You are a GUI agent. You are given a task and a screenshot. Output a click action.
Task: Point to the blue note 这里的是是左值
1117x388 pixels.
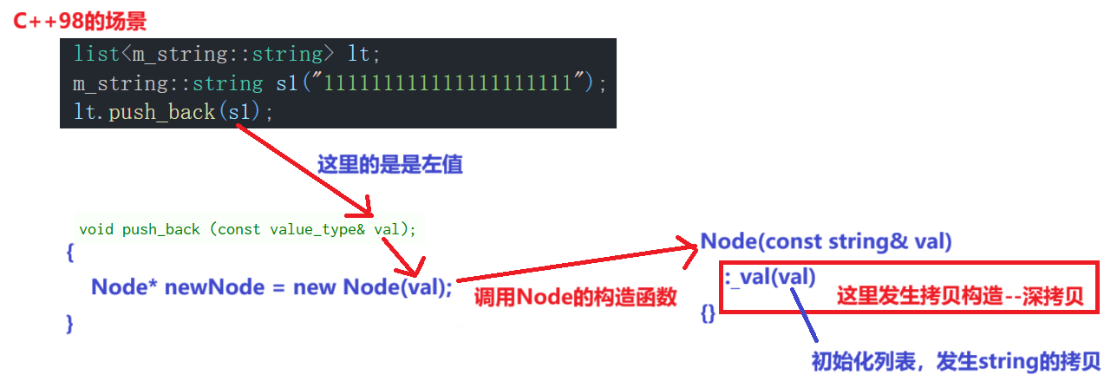(390, 165)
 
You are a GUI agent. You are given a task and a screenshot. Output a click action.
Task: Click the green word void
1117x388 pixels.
(96, 229)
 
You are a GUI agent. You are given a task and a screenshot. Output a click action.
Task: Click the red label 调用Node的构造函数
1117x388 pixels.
(575, 298)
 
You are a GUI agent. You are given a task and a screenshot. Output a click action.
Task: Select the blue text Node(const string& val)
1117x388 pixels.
(826, 241)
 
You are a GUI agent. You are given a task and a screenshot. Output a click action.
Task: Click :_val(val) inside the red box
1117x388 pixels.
(770, 277)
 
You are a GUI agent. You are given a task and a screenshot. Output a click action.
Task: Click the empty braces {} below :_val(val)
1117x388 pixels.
(708, 314)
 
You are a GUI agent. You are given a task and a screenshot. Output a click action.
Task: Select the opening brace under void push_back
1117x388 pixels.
(69, 254)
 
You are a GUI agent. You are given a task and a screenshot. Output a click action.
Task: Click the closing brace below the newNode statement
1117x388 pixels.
(69, 323)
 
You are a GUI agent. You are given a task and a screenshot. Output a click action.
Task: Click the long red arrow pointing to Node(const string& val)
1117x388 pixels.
(577, 264)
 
